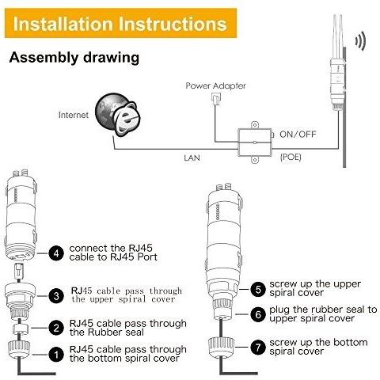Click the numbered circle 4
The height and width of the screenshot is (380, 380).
pos(56,253)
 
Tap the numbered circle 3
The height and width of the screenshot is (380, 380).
pos(56,296)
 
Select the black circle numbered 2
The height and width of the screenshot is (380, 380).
pos(56,328)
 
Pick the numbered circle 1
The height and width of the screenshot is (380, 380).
pos(56,355)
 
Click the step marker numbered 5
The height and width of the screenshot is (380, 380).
pos(258,289)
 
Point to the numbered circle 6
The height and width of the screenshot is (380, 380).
pos(258,314)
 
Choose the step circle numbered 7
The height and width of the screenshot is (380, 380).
pos(258,347)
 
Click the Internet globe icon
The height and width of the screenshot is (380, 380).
pos(117,115)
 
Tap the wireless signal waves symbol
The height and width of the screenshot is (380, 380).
pos(360,41)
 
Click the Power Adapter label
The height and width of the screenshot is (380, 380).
pos(215,85)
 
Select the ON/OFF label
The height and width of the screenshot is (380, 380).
pos(298,135)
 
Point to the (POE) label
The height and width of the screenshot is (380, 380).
pos(291,158)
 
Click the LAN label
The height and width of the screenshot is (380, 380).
pos(192,158)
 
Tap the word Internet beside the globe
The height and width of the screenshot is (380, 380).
pos(74,115)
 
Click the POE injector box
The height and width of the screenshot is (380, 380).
pos(255,142)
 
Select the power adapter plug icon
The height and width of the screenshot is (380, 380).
pos(216,99)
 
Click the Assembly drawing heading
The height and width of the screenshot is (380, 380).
pos(74,58)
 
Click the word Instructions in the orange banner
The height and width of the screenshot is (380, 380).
pos(173,24)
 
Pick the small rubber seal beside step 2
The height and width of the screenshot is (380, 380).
pos(21,329)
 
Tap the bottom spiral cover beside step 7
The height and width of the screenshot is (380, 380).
pos(221,347)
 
